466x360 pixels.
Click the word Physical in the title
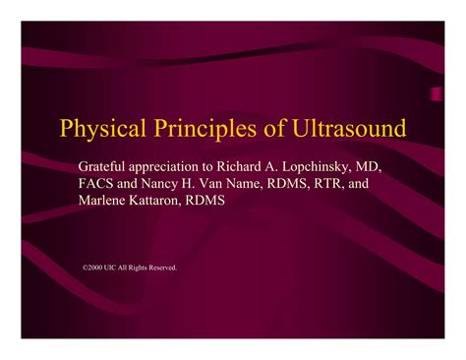(96, 130)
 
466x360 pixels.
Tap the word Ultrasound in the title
(345, 130)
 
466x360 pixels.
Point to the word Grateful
(103, 164)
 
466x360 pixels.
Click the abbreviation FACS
(97, 183)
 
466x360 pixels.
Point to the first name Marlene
(105, 201)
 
